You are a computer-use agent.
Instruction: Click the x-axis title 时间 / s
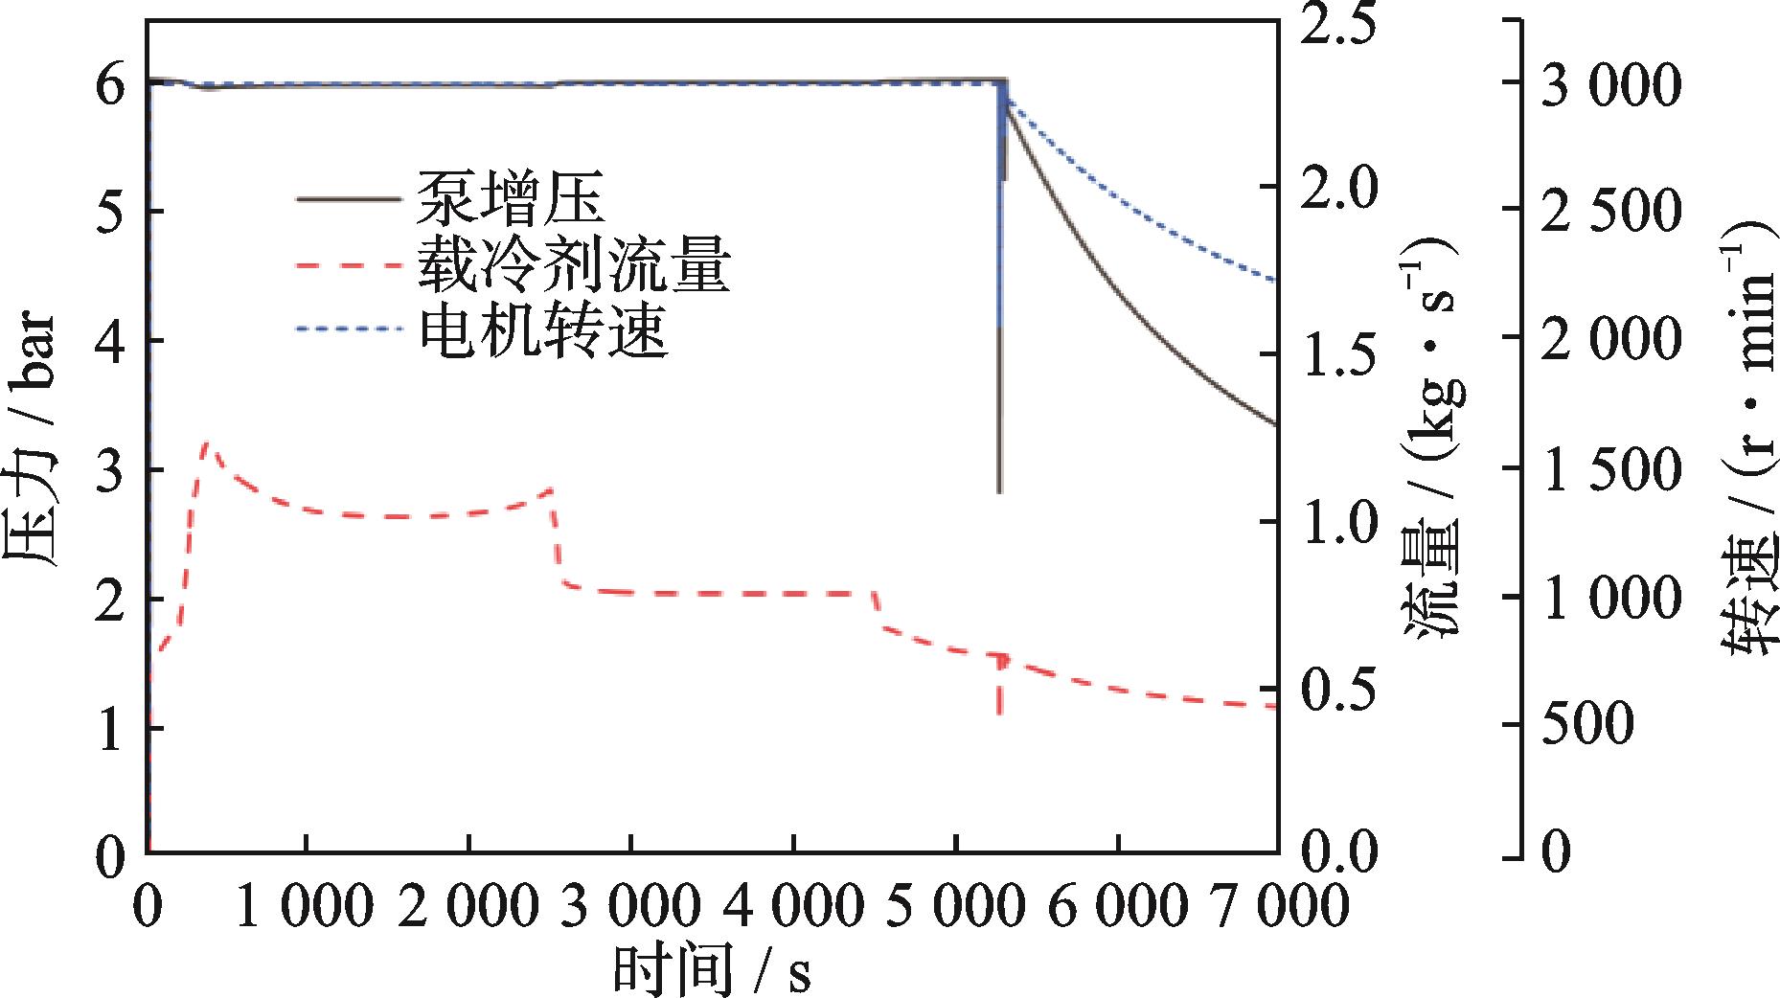tap(711, 969)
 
